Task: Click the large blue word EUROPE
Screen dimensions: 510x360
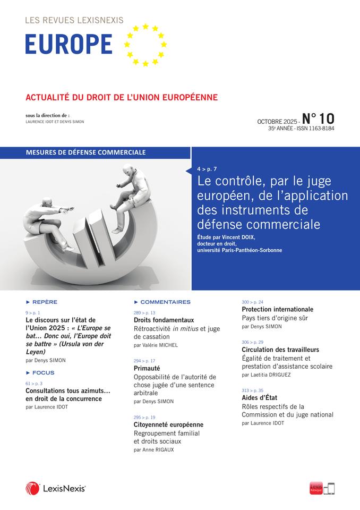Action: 69,44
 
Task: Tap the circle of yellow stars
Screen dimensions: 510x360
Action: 145,45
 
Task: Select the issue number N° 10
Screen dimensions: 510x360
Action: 318,117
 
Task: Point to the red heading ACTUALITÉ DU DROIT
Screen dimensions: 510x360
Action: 122,98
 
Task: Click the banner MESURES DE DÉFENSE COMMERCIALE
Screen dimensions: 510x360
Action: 85,152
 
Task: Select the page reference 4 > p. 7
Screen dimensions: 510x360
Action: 207,168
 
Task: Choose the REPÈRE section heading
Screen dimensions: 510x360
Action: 45,302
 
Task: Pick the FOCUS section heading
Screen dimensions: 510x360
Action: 43,373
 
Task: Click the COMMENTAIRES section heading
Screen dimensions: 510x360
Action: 165,302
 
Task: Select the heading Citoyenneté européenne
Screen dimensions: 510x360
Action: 168,424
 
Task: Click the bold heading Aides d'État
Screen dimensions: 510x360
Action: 260,397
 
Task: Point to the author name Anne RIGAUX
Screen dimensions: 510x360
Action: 158,449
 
